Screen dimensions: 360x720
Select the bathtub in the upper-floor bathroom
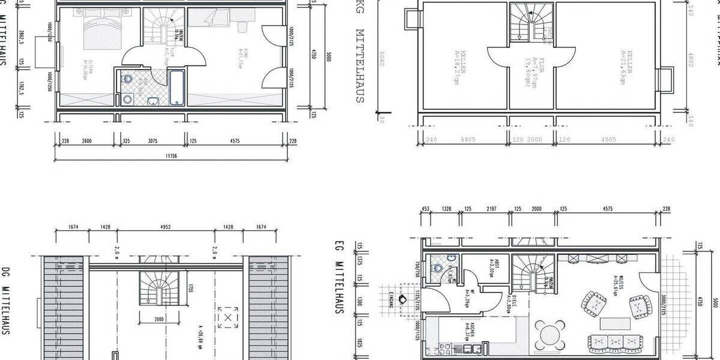(177, 88)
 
